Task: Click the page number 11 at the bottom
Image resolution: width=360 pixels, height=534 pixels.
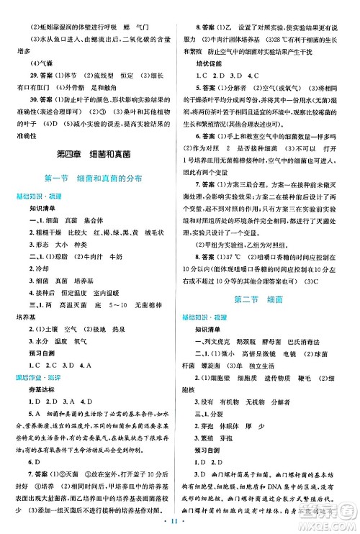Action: tap(180, 524)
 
